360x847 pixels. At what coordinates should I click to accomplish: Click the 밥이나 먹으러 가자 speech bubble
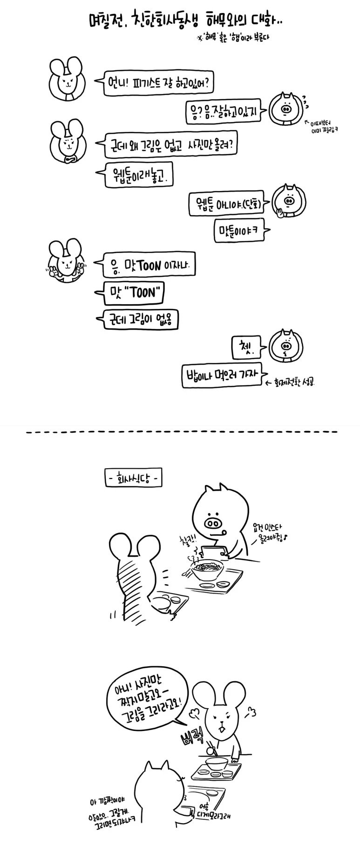point(222,376)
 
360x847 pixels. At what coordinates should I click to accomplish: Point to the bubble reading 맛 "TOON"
point(135,293)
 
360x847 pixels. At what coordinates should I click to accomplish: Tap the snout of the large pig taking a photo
point(214,520)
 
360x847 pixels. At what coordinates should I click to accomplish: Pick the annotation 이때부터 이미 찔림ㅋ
point(324,127)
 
